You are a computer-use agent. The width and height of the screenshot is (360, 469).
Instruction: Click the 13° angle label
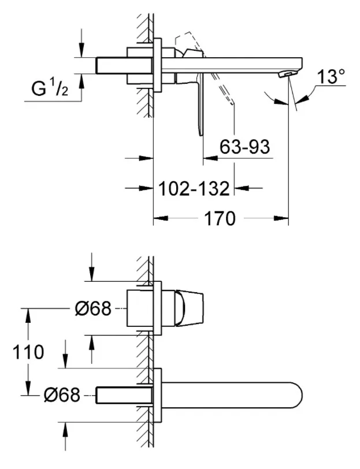(x=332, y=77)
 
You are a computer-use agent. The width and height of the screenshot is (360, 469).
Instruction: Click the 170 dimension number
(x=220, y=219)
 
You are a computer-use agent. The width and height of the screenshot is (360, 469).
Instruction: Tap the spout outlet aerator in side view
(x=285, y=74)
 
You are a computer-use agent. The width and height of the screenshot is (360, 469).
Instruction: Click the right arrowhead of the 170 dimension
(x=283, y=219)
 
